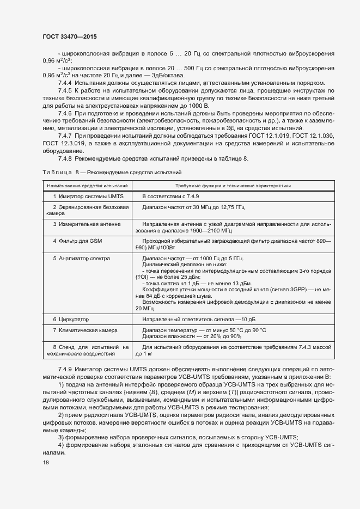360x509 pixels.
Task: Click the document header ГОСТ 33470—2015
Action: pyautogui.click(x=69, y=36)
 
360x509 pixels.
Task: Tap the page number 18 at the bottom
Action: pyautogui.click(x=46, y=462)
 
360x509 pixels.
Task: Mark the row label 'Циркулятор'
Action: pyautogui.click(x=70, y=319)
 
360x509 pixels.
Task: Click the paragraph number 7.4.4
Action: pyautogui.click(x=65, y=82)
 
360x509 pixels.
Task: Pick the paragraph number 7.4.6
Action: pyautogui.click(x=65, y=113)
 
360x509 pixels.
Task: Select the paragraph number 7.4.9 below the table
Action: pyautogui.click(x=65, y=369)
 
